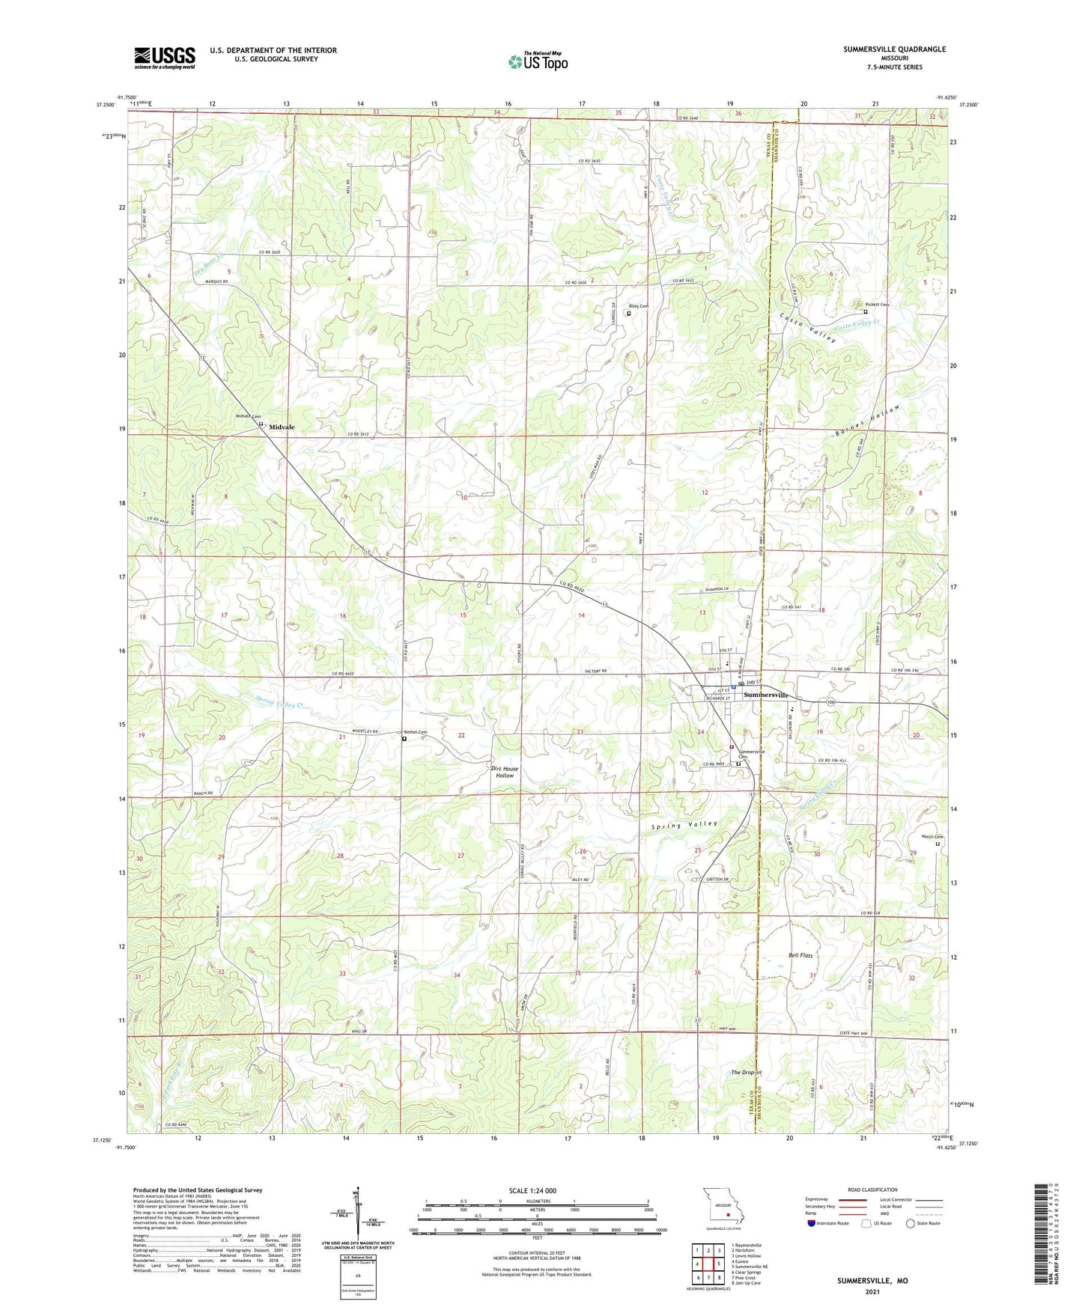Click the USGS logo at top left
pos(164,58)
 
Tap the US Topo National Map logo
pos(537,61)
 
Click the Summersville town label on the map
pos(765,695)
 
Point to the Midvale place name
pos(282,427)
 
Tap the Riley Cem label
pos(638,306)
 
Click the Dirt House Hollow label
pos(505,772)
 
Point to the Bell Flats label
pos(800,955)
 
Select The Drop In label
pos(746,1073)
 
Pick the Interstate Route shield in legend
pos(812,1223)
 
